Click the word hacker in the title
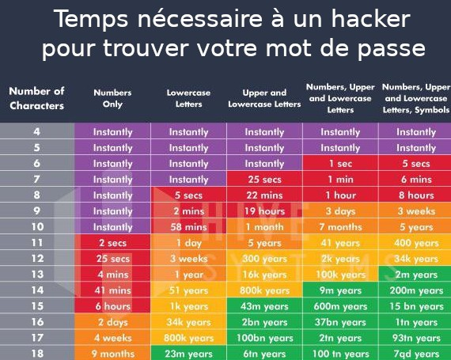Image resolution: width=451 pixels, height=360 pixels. tap(371, 19)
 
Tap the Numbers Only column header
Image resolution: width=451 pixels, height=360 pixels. tap(112, 98)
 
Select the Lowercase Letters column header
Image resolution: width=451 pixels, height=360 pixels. tap(188, 98)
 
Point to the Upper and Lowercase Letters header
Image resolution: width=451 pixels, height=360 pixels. tap(264, 98)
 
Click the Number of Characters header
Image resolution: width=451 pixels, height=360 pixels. tap(36, 98)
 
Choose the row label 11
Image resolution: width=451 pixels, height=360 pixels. tap(37, 243)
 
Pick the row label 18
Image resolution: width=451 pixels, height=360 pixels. tap(37, 354)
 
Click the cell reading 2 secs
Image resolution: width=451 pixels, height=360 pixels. tap(112, 243)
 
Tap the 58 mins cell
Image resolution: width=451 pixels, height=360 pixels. tap(188, 227)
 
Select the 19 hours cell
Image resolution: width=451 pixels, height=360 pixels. tap(264, 211)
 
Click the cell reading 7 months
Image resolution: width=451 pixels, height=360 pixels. tap(340, 227)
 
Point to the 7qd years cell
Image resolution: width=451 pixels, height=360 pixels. tap(416, 354)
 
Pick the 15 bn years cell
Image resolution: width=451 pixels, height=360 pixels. tap(416, 306)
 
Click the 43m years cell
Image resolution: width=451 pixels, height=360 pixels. tap(264, 306)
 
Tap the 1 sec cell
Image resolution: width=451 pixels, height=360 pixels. tap(340, 164)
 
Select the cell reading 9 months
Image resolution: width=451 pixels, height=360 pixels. tap(112, 354)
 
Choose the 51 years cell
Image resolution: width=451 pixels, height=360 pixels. tap(188, 290)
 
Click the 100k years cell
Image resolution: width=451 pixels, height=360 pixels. tap(340, 275)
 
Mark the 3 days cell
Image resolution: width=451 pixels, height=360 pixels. tap(340, 211)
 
